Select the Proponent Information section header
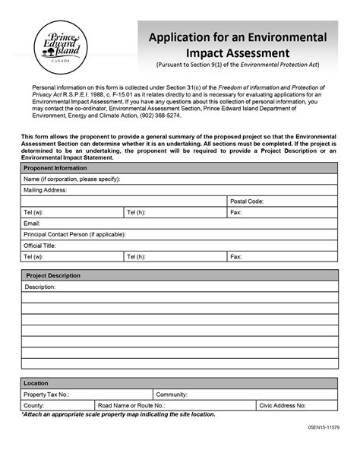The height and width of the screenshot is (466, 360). [55, 168]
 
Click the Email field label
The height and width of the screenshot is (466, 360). [32, 224]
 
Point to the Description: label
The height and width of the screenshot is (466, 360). [41, 287]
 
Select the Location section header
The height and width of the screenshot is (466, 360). [36, 384]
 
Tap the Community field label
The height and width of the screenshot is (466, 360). [172, 395]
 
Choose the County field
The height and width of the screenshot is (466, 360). [58, 406]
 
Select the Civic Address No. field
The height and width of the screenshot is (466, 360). [296, 406]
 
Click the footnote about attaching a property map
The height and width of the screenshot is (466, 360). [118, 415]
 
